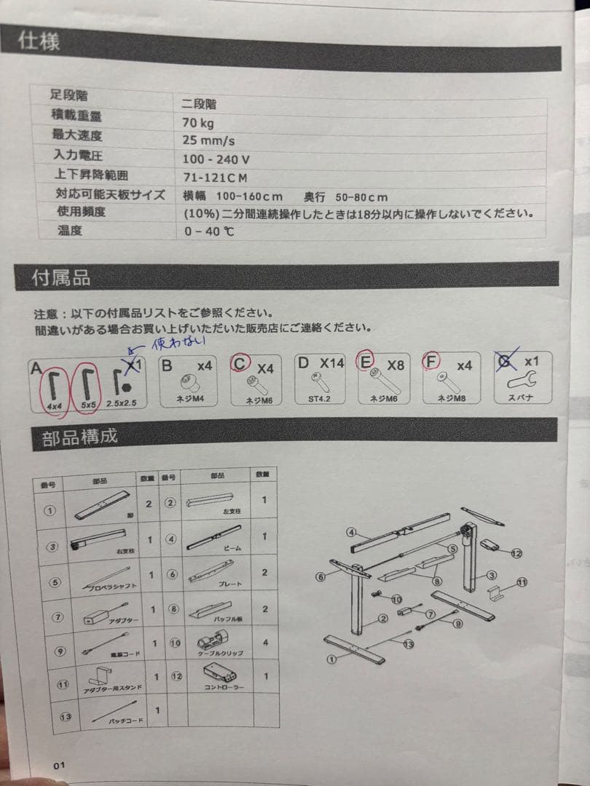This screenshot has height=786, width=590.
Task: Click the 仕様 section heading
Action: click(x=40, y=40)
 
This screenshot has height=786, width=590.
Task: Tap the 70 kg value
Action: click(x=199, y=122)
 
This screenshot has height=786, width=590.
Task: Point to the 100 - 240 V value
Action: click(x=217, y=159)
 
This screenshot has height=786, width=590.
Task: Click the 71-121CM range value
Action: click(x=216, y=177)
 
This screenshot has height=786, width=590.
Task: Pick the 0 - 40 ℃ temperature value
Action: click(x=210, y=232)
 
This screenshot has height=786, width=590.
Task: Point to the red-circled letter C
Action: click(x=240, y=362)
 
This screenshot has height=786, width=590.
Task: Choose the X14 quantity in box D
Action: click(x=331, y=363)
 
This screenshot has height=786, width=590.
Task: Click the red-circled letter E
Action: click(x=365, y=362)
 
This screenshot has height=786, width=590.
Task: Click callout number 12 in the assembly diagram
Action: click(x=516, y=553)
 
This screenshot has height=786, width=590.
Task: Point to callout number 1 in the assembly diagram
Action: click(x=331, y=660)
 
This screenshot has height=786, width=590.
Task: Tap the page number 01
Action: click(x=59, y=765)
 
